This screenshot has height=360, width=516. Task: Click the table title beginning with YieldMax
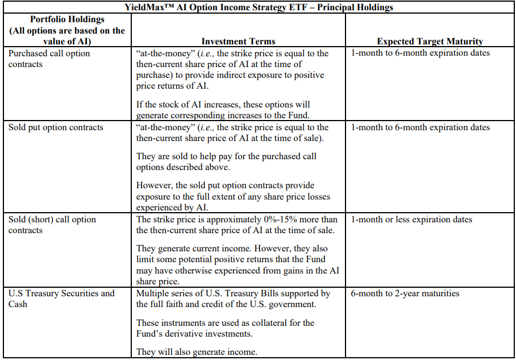[x=258, y=7]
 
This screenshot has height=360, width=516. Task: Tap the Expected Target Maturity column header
[x=430, y=41]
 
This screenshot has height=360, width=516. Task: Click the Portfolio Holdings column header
[x=67, y=30]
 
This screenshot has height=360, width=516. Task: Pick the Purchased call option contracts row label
[x=49, y=59]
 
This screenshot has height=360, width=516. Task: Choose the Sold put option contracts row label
[x=56, y=127]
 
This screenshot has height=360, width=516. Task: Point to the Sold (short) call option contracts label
[x=52, y=225]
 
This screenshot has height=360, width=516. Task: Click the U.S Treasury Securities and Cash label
[x=61, y=299]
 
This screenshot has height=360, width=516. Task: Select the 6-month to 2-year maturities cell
[x=405, y=293]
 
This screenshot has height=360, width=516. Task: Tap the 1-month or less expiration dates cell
[x=411, y=220]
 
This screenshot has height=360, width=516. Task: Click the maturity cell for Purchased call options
[x=420, y=53]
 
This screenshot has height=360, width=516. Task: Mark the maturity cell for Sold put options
[x=420, y=127]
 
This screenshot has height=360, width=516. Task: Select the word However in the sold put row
[x=155, y=186]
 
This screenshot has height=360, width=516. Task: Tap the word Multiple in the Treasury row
[x=153, y=293]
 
